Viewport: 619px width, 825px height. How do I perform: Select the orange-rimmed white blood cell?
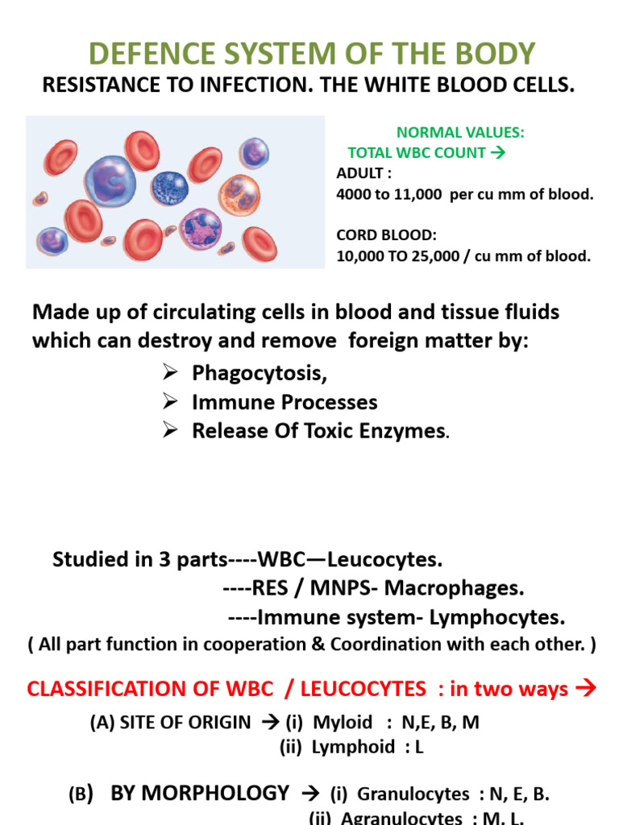(239, 194)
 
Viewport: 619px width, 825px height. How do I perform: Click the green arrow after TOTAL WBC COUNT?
(496, 152)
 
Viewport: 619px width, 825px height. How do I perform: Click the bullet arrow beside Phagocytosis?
(168, 374)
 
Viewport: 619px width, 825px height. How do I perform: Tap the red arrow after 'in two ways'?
(585, 689)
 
